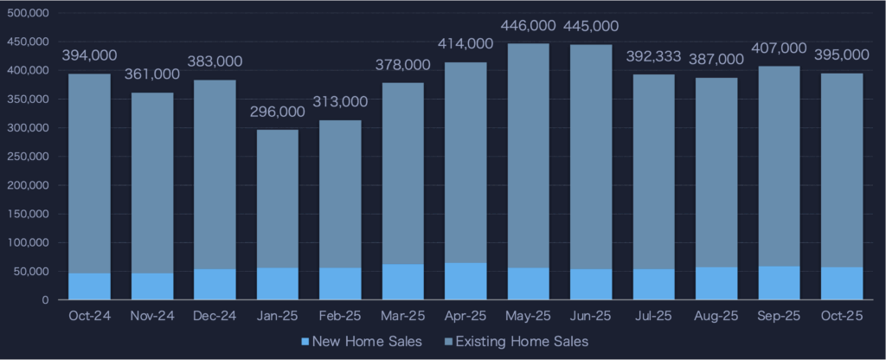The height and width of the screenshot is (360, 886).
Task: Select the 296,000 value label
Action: [x=277, y=112]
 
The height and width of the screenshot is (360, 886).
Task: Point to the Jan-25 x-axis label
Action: [x=277, y=316]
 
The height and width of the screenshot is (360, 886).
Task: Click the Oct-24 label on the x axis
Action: [x=89, y=316]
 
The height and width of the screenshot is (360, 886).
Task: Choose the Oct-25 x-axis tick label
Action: [x=840, y=316]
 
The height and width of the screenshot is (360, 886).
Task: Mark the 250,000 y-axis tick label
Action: [x=28, y=157]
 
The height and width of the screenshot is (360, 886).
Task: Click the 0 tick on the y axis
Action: [x=46, y=300]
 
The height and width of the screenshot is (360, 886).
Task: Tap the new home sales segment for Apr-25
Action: [x=465, y=281]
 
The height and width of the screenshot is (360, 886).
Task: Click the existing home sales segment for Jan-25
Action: [x=277, y=198]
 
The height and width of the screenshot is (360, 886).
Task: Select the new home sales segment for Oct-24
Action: [x=89, y=286]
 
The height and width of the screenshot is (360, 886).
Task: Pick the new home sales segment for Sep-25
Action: [x=778, y=283]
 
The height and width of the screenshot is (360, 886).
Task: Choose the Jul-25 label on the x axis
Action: [x=652, y=316]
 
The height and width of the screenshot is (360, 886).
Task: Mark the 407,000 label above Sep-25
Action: [x=778, y=49]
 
